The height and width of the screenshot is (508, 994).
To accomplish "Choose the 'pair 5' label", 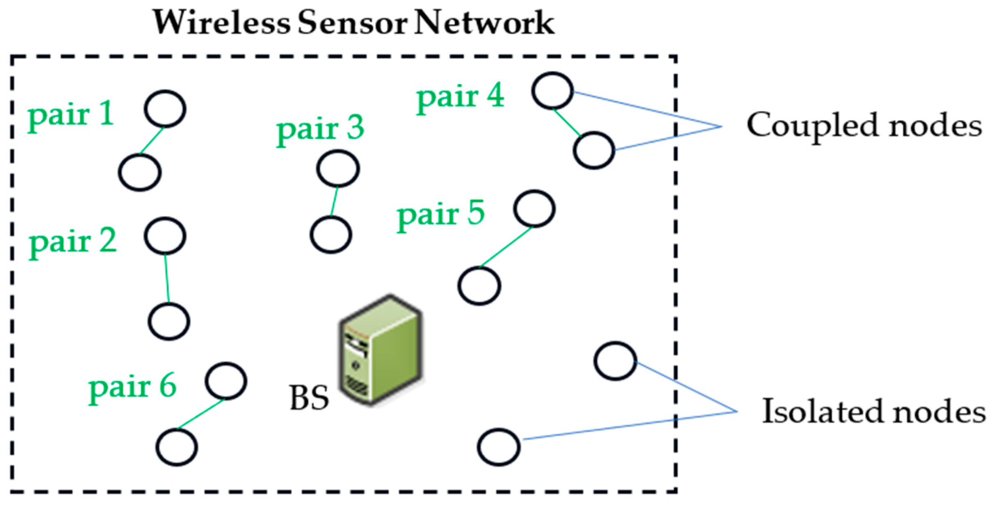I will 441,214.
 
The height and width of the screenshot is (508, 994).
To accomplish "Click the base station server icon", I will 381,351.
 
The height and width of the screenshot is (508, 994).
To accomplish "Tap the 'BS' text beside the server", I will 309,398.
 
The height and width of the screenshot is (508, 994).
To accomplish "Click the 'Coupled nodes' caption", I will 864,125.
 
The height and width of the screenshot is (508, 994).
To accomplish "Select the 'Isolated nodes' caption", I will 873,411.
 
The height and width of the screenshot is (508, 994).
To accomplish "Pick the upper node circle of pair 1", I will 165,109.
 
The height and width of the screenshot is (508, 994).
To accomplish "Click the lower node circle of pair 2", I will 169,321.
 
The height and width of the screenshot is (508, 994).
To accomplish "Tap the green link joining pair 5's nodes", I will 506,247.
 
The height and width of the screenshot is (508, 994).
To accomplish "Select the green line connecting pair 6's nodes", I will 201,414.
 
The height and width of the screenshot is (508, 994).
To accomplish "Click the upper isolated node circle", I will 615,361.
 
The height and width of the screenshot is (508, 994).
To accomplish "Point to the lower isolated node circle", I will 499,447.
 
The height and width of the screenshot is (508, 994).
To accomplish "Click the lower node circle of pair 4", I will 594,150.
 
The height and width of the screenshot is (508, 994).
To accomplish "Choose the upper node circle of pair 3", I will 338,169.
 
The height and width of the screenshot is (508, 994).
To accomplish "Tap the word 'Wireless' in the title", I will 221,22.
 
